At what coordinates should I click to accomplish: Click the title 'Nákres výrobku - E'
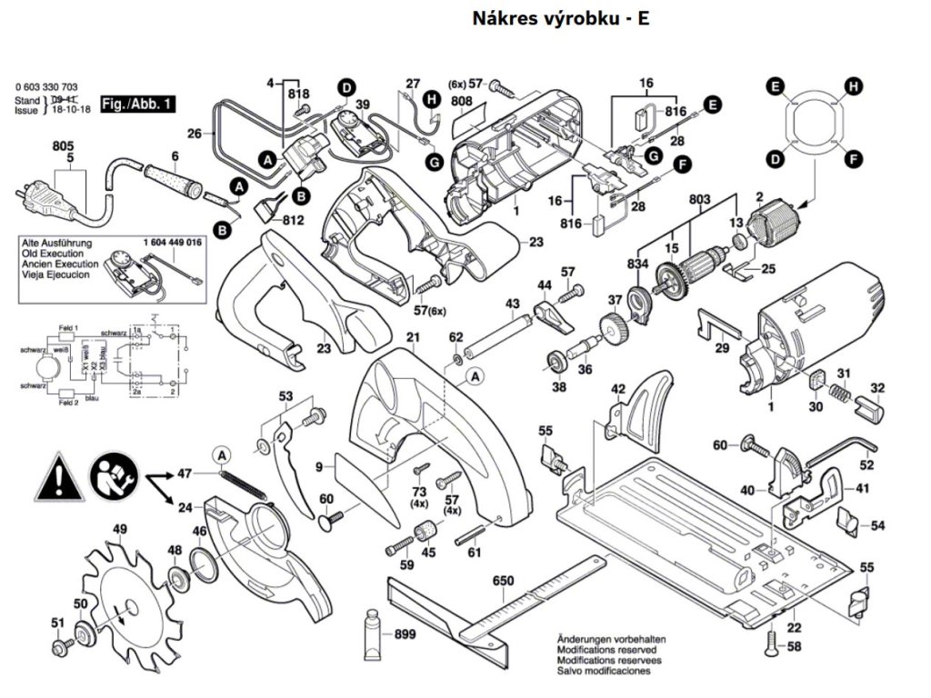(x=560, y=18)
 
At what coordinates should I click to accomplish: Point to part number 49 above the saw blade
(x=119, y=530)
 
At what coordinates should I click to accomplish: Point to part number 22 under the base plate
(x=794, y=627)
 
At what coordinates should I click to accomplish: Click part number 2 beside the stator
(x=759, y=196)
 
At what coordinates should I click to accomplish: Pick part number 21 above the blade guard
(x=412, y=338)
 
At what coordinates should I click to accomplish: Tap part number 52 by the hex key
(x=866, y=464)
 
